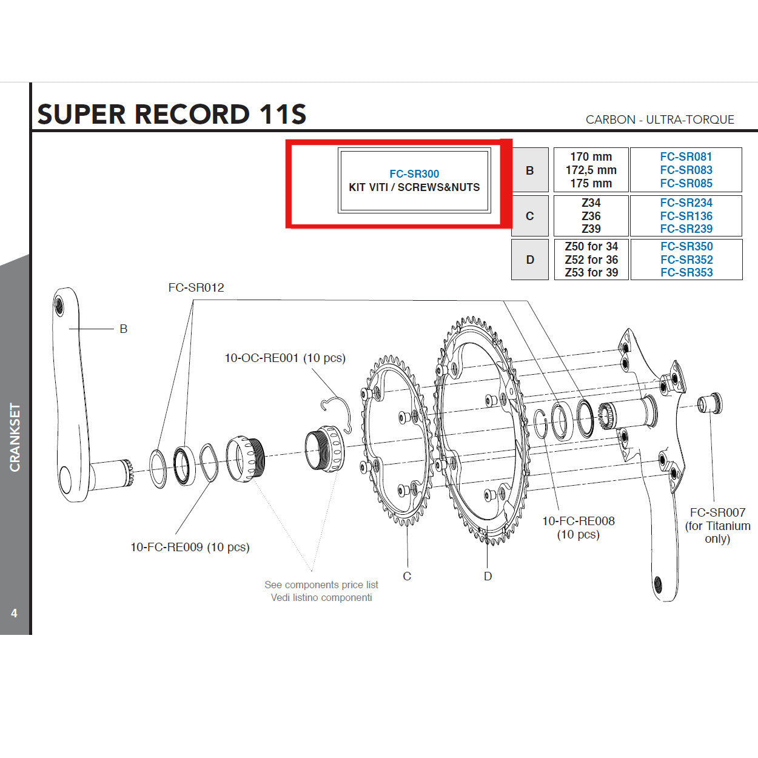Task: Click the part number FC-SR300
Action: tap(414, 174)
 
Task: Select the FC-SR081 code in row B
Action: tap(686, 157)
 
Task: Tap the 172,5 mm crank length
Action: tap(591, 170)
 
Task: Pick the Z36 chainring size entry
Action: tap(591, 216)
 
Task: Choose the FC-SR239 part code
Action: tap(686, 229)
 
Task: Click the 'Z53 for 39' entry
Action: tap(591, 273)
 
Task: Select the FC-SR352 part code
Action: tap(686, 260)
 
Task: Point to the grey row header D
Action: tap(530, 260)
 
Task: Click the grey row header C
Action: tap(530, 216)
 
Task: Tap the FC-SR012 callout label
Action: tap(196, 287)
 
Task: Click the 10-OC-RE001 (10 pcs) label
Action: tap(285, 358)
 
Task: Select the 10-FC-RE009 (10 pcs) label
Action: tap(190, 547)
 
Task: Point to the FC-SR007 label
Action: tap(717, 512)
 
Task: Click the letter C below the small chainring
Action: tap(407, 576)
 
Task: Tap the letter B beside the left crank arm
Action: tap(123, 329)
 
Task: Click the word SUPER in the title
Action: tap(82, 115)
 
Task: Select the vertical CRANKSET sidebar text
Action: tap(15, 437)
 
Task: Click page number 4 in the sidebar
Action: tap(14, 613)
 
